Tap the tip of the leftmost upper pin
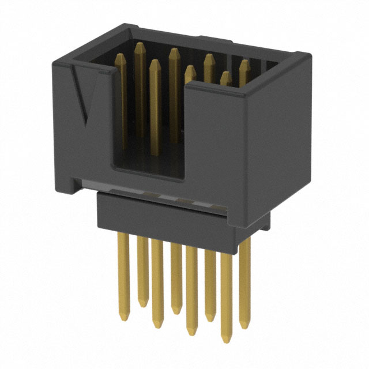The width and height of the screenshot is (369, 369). [x=121, y=56]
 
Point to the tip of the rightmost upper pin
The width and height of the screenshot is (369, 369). [x=244, y=62]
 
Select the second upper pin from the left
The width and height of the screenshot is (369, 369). [x=139, y=86]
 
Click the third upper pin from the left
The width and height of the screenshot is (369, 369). [x=153, y=104]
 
